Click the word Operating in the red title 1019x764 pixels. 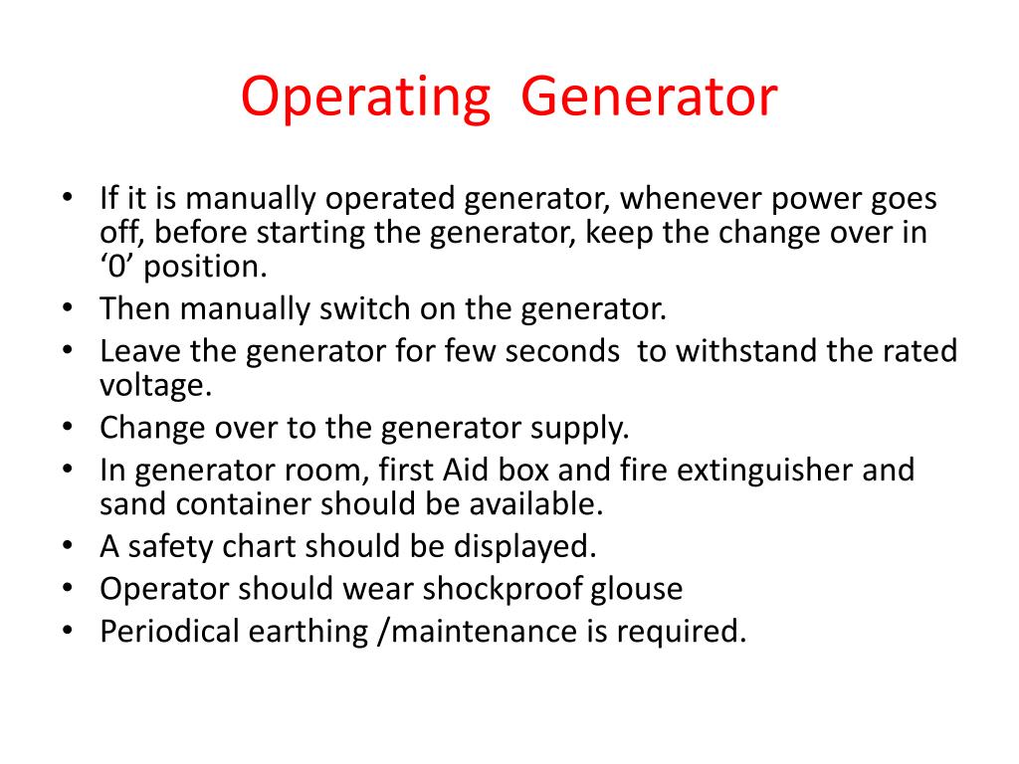tap(365, 98)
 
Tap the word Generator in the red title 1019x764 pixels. tap(649, 98)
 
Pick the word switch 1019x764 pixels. tap(359, 308)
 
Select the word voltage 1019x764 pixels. tap(156, 386)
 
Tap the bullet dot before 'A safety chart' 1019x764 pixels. tap(67, 546)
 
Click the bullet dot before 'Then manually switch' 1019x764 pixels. tap(67, 308)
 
